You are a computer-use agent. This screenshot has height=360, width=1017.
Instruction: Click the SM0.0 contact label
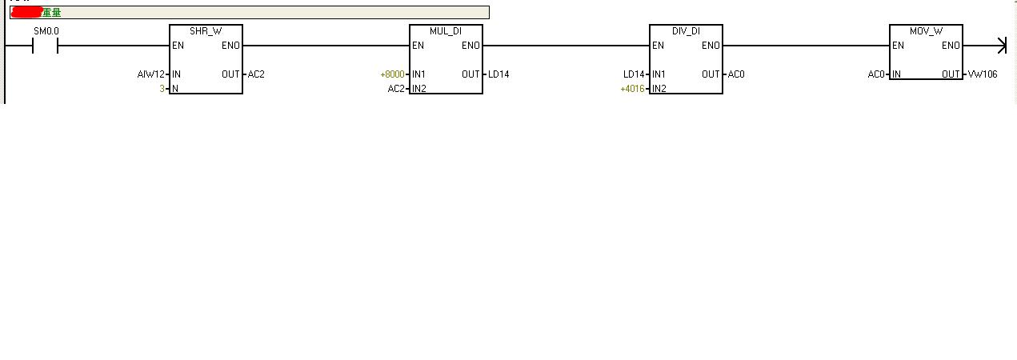(x=46, y=31)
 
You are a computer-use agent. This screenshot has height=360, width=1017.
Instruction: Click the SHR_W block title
(x=206, y=30)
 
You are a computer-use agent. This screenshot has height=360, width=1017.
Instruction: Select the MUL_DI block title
(x=446, y=30)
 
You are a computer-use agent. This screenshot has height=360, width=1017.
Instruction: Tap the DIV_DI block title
(x=686, y=30)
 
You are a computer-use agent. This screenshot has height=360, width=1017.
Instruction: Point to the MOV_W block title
(x=926, y=30)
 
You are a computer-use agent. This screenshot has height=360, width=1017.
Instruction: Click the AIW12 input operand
(x=151, y=74)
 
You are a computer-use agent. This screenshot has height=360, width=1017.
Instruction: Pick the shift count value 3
(x=162, y=88)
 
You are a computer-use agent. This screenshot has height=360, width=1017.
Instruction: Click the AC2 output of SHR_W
(x=256, y=74)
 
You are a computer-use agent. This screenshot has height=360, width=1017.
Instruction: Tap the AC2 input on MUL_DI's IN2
(x=396, y=88)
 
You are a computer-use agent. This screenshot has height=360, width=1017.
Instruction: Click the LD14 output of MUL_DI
(x=498, y=74)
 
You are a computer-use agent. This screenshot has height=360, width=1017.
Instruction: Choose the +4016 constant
(x=632, y=88)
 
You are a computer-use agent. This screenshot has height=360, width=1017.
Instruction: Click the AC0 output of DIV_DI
(x=735, y=74)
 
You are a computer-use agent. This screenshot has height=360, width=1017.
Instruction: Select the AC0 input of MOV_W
(x=876, y=74)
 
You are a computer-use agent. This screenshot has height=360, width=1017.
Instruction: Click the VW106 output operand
(x=982, y=74)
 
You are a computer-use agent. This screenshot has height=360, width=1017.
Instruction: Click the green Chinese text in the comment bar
(x=52, y=12)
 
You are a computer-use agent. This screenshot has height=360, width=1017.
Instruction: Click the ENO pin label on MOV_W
(x=951, y=46)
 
